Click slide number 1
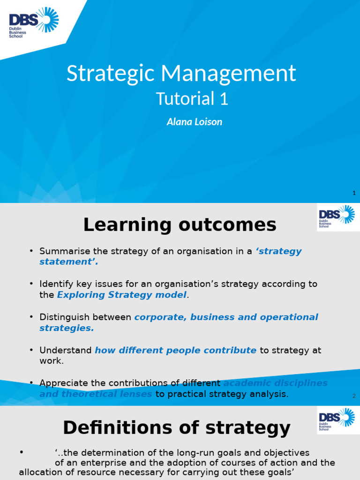pyautogui.click(x=354, y=193)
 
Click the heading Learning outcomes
pyautogui.click(x=180, y=225)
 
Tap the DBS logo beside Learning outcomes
pyautogui.click(x=336, y=217)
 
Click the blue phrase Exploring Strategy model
pyautogui.click(x=121, y=295)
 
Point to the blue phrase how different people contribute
pyautogui.click(x=175, y=350)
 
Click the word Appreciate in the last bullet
pyautogui.click(x=63, y=383)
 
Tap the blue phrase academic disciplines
pyautogui.click(x=275, y=383)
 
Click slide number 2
pyautogui.click(x=354, y=396)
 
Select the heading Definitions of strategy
pyautogui.click(x=177, y=428)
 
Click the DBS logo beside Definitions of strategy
pyautogui.click(x=336, y=420)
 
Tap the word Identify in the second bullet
pyautogui.click(x=55, y=284)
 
